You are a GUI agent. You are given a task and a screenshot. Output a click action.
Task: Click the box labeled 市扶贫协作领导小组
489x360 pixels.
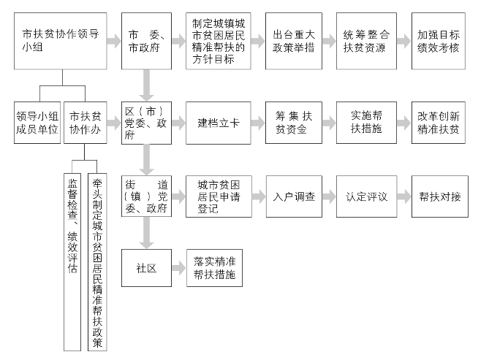click(61, 41)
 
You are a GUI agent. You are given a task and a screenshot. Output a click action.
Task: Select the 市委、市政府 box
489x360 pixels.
click(146, 41)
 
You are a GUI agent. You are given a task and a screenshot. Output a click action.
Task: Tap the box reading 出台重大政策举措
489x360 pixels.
click(293, 41)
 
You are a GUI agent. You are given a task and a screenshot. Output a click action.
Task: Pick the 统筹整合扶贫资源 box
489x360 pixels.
click(366, 41)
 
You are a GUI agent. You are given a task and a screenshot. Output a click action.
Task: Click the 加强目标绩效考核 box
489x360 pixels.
click(438, 41)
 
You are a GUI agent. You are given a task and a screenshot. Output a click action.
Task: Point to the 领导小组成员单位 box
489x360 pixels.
click(37, 123)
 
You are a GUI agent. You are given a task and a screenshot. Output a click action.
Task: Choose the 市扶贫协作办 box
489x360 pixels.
click(85, 123)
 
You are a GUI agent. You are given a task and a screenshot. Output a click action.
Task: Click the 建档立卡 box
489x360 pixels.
click(219, 123)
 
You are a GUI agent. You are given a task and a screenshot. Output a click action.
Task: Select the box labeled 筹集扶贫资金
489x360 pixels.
click(293, 123)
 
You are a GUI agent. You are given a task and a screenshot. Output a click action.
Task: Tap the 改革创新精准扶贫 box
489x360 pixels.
click(438, 123)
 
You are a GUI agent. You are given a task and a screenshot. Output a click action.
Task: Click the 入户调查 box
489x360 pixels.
click(294, 196)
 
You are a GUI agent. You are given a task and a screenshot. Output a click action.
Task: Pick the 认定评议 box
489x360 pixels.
click(366, 196)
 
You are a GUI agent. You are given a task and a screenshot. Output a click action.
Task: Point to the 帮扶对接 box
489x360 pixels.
click(440, 196)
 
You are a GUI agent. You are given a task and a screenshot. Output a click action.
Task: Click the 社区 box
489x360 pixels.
click(146, 268)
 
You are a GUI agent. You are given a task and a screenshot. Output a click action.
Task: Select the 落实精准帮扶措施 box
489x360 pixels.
click(214, 268)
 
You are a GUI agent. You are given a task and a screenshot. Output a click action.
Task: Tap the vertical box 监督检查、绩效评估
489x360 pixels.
click(72, 262)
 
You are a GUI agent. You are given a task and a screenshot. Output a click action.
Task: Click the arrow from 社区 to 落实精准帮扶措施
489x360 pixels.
click(179, 268)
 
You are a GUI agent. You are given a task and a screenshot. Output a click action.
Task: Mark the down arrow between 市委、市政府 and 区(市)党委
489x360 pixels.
click(146, 85)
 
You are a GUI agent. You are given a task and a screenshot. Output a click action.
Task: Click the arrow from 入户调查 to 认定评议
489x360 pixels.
click(329, 196)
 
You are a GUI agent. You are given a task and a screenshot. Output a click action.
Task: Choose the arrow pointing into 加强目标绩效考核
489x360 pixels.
click(404, 41)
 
